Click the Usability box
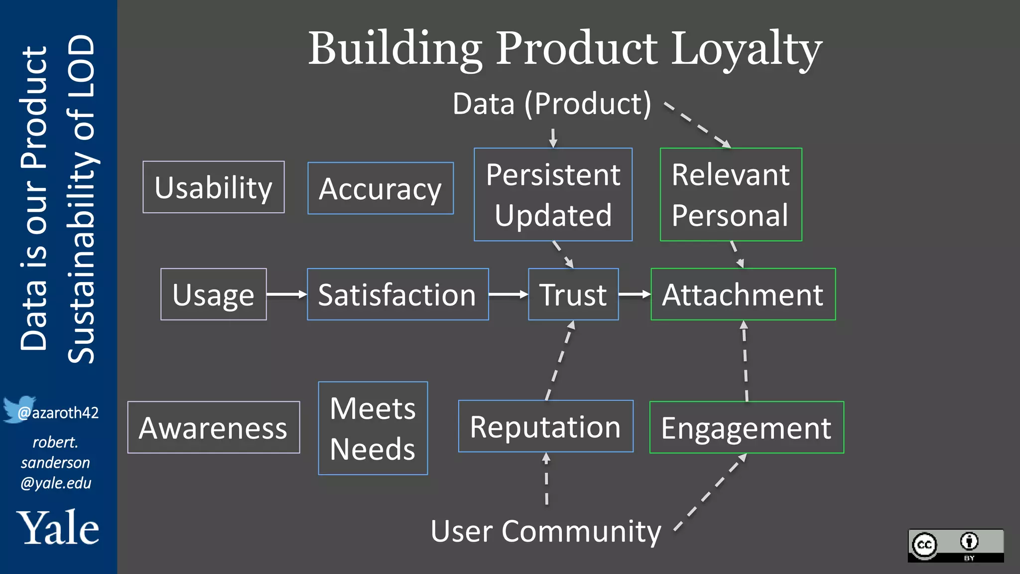pos(214,187)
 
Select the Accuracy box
pos(381,188)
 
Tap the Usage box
pos(214,294)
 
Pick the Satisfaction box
pos(397,294)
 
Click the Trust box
pos(573,294)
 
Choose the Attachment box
pos(743,294)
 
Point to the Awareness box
pos(214,428)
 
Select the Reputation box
pos(546,427)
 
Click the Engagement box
pos(746,428)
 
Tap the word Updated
pos(553,215)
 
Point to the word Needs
pos(373,449)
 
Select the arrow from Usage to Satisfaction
pos(286,294)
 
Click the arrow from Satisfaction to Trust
pos(508,294)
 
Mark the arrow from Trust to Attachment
pos(635,294)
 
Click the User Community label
pos(546,531)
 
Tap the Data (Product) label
pos(552,104)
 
